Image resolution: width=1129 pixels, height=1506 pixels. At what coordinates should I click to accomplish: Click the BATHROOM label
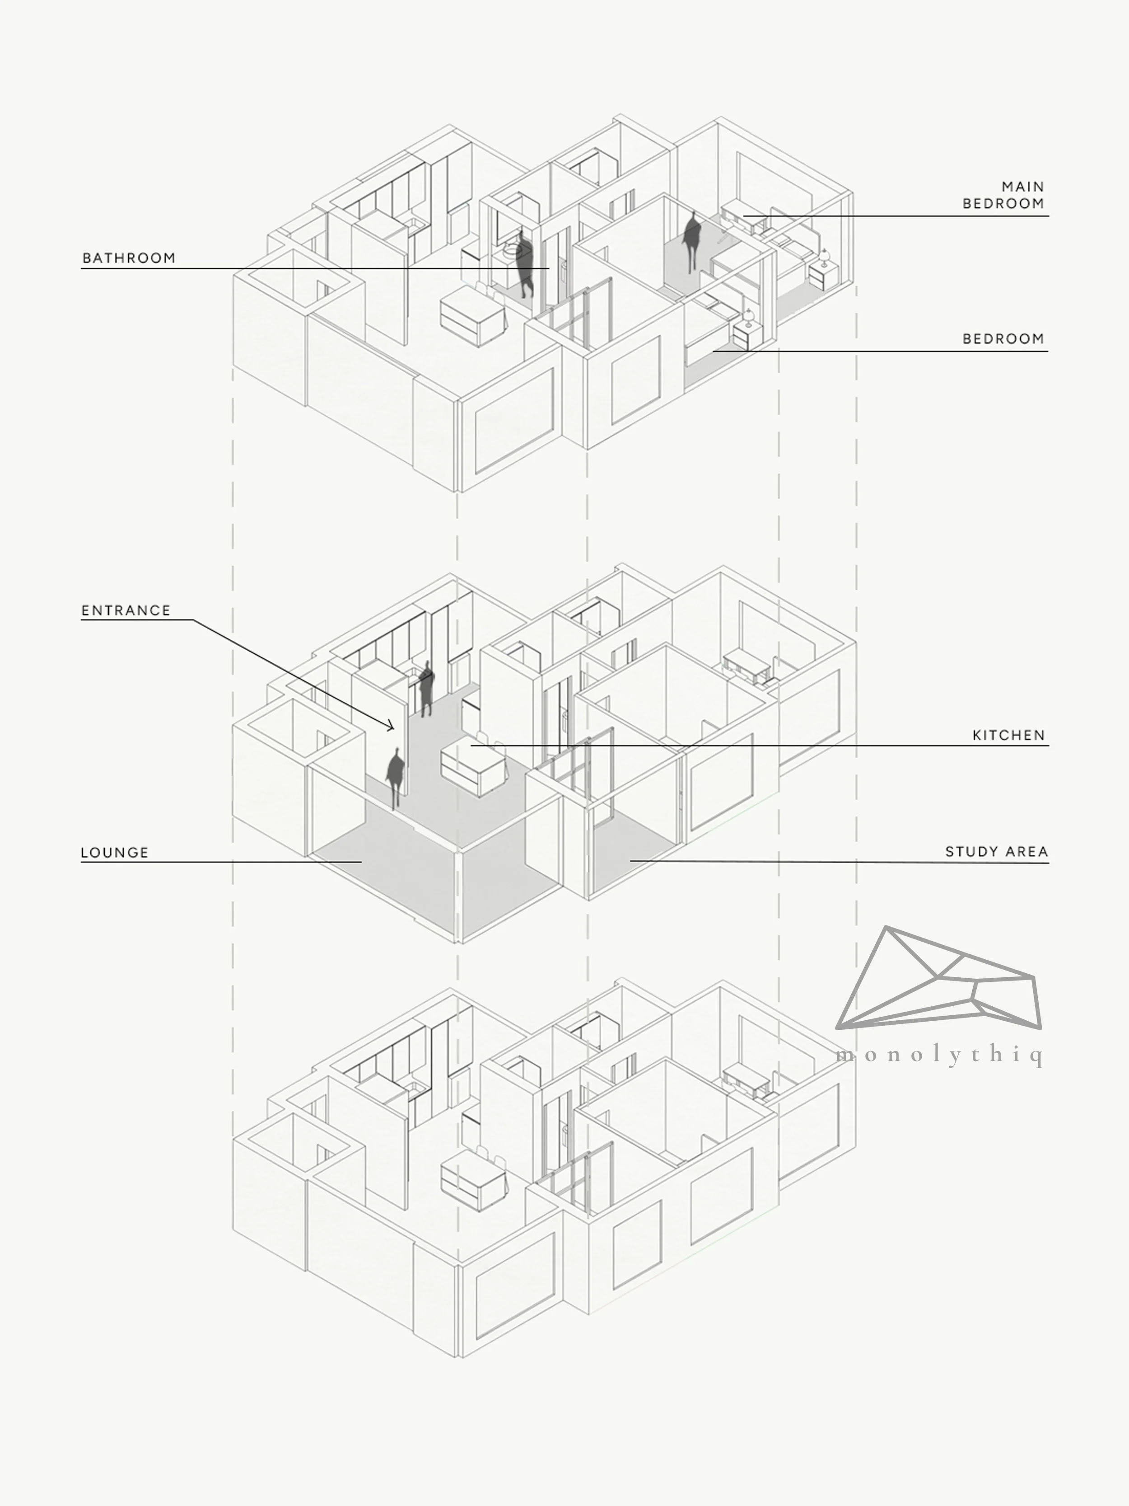click(129, 258)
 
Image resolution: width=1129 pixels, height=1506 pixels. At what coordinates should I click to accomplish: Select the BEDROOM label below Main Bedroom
click(1003, 338)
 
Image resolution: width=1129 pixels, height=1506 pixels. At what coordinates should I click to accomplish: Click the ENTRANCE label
click(126, 610)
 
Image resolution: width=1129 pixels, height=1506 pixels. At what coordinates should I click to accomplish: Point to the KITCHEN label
click(1008, 735)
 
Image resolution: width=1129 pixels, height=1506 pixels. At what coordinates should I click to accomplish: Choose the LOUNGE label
click(114, 852)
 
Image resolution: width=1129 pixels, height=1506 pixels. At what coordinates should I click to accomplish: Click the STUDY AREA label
click(996, 852)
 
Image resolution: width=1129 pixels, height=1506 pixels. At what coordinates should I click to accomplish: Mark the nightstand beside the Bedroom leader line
click(746, 336)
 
